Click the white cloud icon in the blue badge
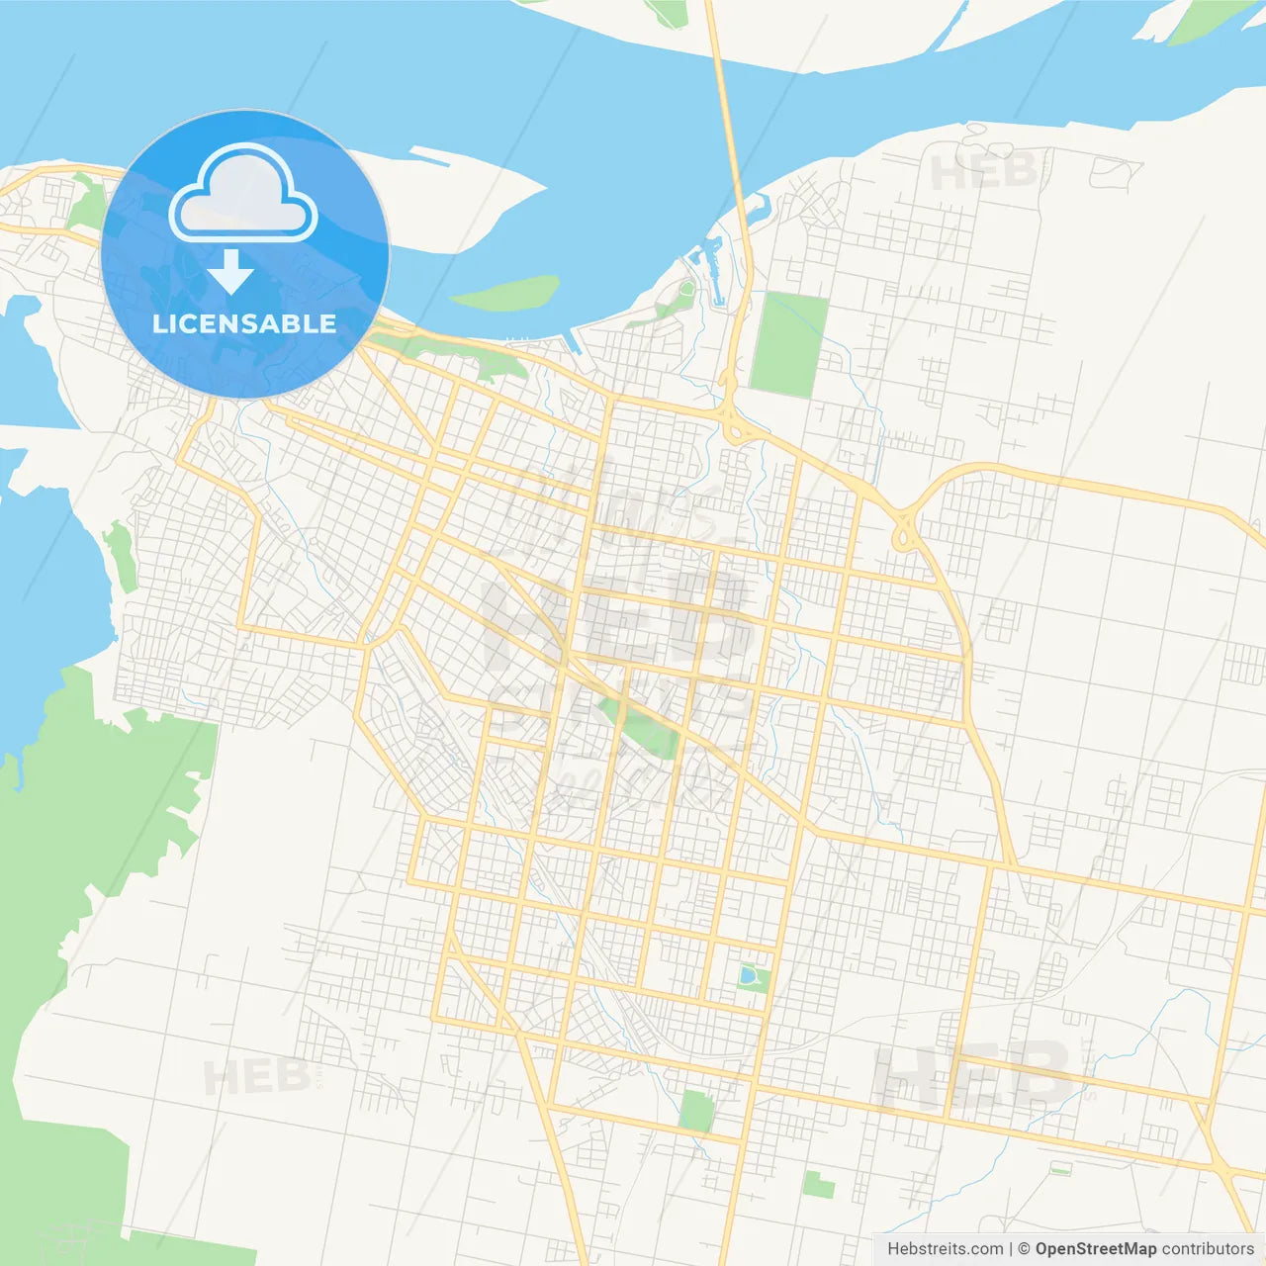(243, 194)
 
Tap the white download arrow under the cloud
(231, 272)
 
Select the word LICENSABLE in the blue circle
(244, 323)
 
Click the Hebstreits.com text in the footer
(945, 1248)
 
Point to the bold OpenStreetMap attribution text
(1095, 1248)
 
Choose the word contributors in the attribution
(1208, 1248)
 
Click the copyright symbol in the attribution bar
(1024, 1248)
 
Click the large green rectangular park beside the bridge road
(788, 343)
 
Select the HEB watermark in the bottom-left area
(255, 1076)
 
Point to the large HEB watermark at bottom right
(974, 1075)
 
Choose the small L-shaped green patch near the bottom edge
(818, 1184)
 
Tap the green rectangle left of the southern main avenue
(696, 1111)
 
